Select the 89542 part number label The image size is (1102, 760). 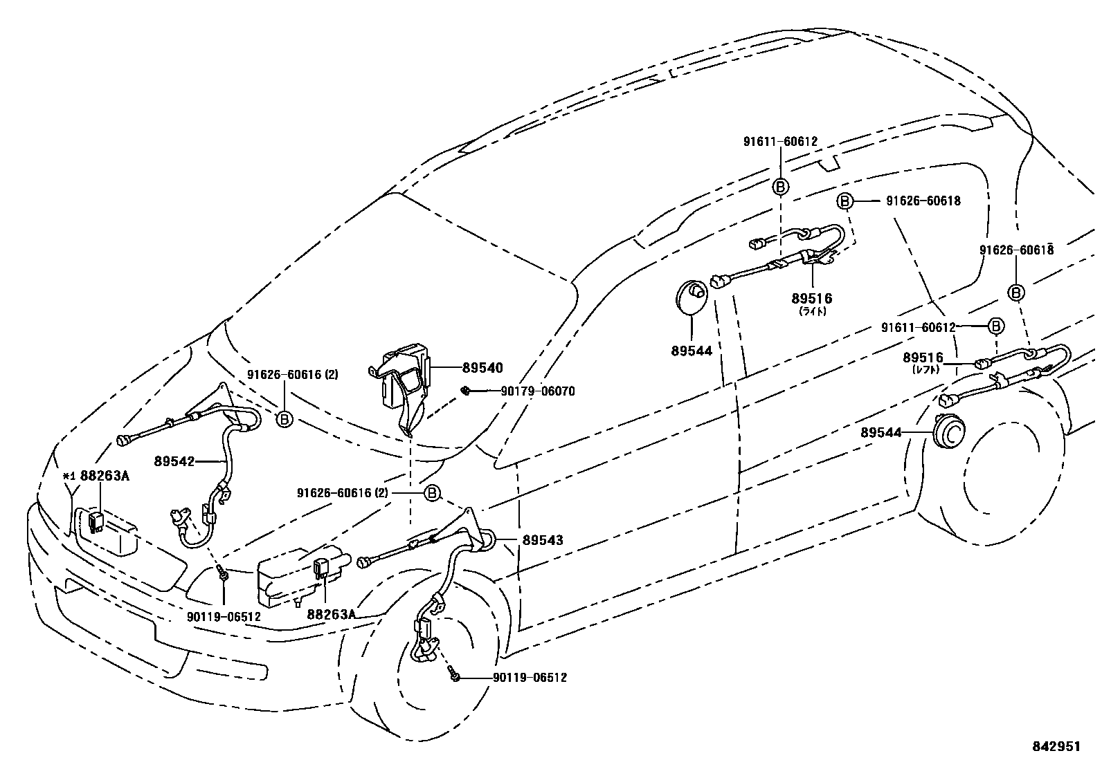pos(174,461)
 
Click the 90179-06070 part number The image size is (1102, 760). pos(538,391)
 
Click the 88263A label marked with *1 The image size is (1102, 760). pos(105,476)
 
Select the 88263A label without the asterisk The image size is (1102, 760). pos(331,613)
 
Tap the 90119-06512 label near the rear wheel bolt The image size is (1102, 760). pos(530,678)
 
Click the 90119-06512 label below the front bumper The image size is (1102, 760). pos(224,616)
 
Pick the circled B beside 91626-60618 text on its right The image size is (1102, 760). pos(844,201)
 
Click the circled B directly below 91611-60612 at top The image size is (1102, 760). pos(780,187)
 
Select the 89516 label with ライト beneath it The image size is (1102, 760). pos(812,299)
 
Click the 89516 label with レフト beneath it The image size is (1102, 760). pos(923,358)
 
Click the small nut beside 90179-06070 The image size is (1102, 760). pos(467,391)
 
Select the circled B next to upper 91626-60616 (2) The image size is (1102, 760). pos(284,418)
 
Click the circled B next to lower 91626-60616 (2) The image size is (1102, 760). pos(431,493)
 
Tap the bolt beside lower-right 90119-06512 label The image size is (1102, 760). pos(453,676)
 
